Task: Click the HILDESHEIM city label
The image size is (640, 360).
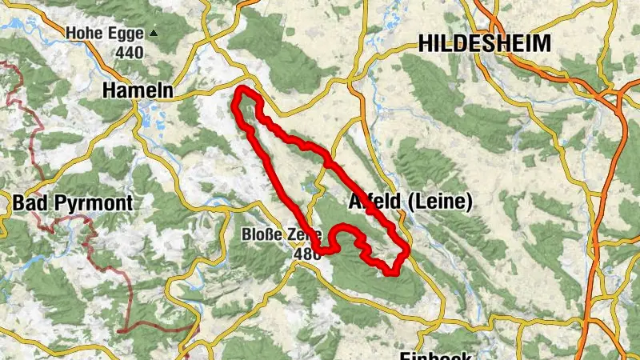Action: coord(485,43)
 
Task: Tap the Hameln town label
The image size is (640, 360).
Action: coord(138,92)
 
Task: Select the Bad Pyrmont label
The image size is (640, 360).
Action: coord(73,203)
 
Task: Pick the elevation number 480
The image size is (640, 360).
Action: coord(307,254)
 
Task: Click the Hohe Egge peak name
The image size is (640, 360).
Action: coord(106,34)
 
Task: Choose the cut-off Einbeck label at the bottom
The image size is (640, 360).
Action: coord(435,354)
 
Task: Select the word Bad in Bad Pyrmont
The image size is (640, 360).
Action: coord(28,203)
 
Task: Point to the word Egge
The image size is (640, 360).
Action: coord(127,34)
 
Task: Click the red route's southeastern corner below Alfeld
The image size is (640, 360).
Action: coord(393,272)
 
